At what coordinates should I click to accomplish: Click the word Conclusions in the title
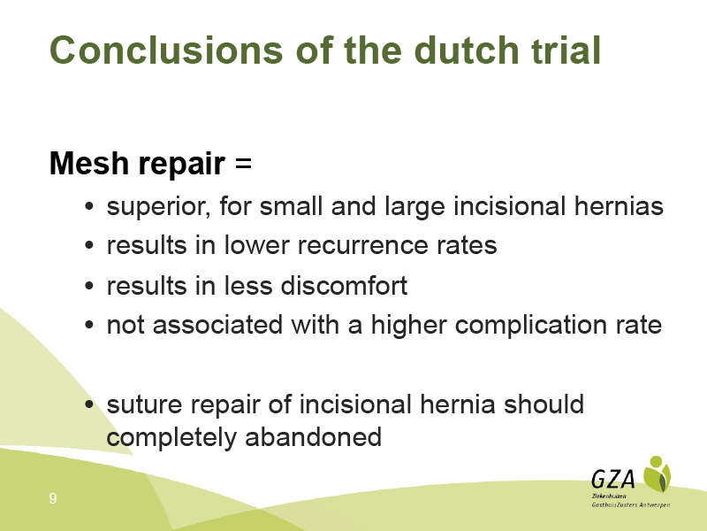tap(166, 50)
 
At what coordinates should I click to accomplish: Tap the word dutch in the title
tap(467, 50)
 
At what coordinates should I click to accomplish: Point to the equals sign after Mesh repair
tap(243, 163)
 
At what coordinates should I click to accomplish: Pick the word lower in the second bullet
tap(256, 245)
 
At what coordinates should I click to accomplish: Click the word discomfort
tap(344, 285)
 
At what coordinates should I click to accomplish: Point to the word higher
tap(408, 325)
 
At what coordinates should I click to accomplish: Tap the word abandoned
tap(314, 437)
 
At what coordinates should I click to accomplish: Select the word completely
tap(171, 438)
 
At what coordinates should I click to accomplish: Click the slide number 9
tap(53, 498)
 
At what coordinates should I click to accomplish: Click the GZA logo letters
tap(613, 479)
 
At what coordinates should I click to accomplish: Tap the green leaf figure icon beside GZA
tap(657, 474)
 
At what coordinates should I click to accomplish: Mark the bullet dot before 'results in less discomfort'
tap(89, 286)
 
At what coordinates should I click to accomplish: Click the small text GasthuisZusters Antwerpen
tap(631, 504)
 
